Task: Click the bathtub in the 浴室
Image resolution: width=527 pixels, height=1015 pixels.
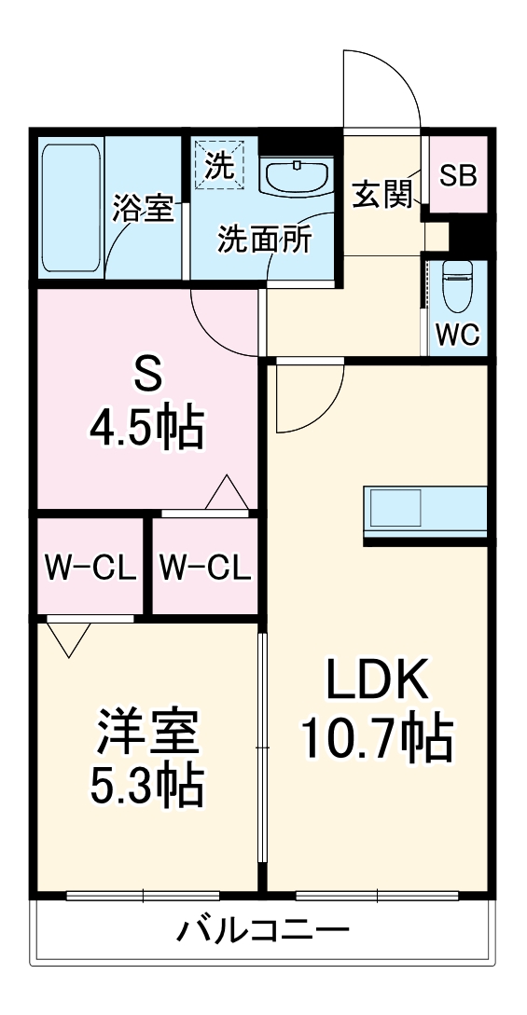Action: (x=71, y=207)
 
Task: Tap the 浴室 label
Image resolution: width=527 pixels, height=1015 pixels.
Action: (x=143, y=209)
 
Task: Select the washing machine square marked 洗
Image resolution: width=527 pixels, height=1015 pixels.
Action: (x=218, y=167)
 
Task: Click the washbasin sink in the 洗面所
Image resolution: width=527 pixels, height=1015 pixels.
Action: (x=294, y=174)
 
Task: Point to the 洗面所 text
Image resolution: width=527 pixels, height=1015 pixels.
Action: (x=265, y=240)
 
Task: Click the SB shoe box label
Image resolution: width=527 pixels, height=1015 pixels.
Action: (x=458, y=176)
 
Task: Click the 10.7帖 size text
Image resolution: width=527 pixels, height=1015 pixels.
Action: (x=376, y=739)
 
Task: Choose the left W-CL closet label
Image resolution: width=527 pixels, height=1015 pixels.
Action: (x=90, y=567)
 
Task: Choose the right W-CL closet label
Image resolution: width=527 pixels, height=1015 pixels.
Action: (x=204, y=567)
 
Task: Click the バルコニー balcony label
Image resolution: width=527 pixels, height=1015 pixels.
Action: (x=264, y=929)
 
